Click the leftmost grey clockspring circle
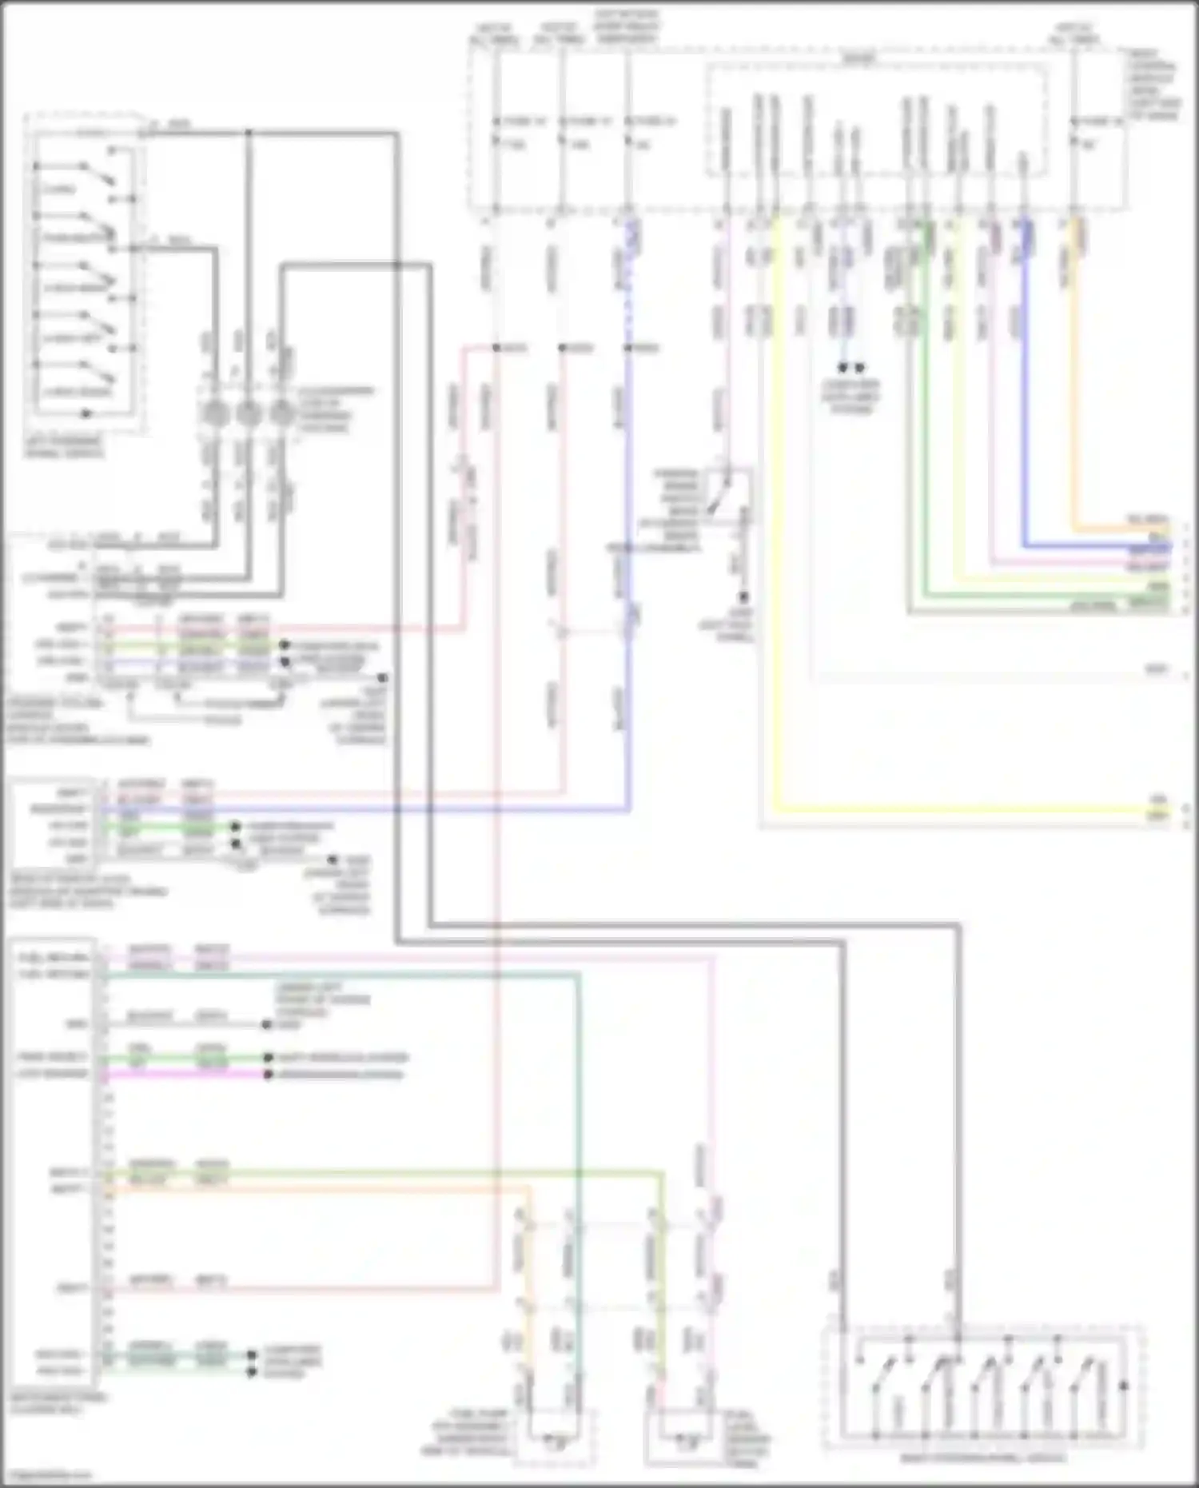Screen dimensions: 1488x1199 pos(215,413)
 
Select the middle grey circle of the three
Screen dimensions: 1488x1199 pos(248,413)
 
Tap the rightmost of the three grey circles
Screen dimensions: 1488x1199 pos(281,413)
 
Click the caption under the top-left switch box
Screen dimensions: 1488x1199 pos(64,447)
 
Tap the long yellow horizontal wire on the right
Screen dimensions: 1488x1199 pos(959,811)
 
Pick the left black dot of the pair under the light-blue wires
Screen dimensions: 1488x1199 pos(842,369)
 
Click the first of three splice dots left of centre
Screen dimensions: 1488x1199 pos(496,348)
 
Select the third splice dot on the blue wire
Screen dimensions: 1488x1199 pos(628,348)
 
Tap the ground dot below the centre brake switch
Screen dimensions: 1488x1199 pos(743,597)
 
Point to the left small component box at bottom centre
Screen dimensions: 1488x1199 pos(554,1438)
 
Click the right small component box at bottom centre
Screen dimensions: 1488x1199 pos(685,1438)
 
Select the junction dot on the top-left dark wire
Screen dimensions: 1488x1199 pos(249,133)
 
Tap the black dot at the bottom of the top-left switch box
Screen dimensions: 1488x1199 pos(86,413)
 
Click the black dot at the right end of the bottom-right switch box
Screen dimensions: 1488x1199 pos(1124,1386)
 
